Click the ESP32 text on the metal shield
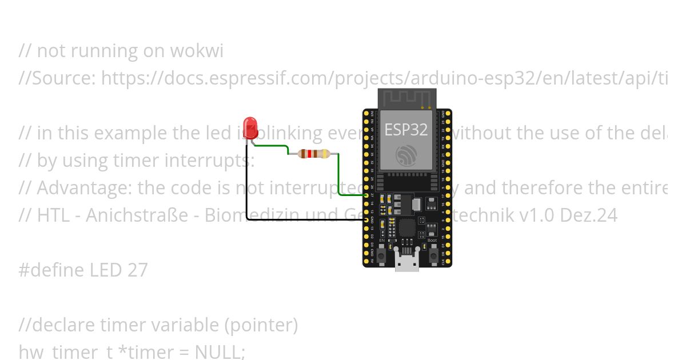coord(406,130)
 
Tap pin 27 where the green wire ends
coord(366,195)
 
